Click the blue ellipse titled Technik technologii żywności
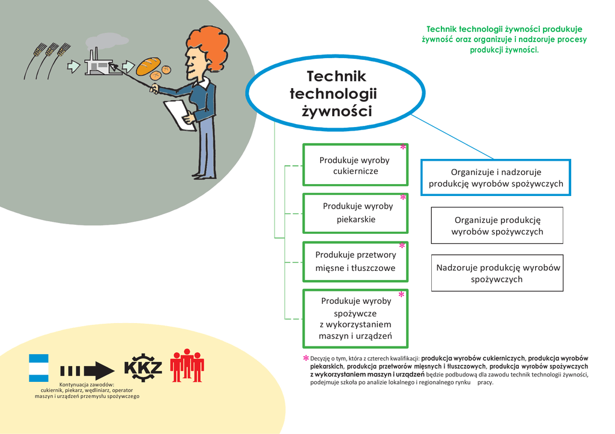click(x=335, y=93)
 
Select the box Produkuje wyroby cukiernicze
click(x=356, y=165)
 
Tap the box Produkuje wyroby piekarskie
click(x=356, y=213)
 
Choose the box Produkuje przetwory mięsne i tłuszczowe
click(x=356, y=262)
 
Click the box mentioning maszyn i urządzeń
click(x=356, y=318)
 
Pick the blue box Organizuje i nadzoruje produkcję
click(x=495, y=177)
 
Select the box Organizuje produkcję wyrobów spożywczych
click(x=497, y=225)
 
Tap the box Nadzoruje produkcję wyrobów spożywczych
click(x=497, y=273)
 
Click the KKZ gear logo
click(x=143, y=368)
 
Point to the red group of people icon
click(x=187, y=366)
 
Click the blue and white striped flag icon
click(x=38, y=368)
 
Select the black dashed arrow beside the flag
click(x=87, y=370)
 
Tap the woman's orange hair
click(x=208, y=47)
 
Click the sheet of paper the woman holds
click(x=180, y=116)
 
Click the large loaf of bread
click(x=148, y=66)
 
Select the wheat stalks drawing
click(x=47, y=61)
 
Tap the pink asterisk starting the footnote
click(x=306, y=358)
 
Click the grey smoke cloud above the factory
click(x=107, y=41)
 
